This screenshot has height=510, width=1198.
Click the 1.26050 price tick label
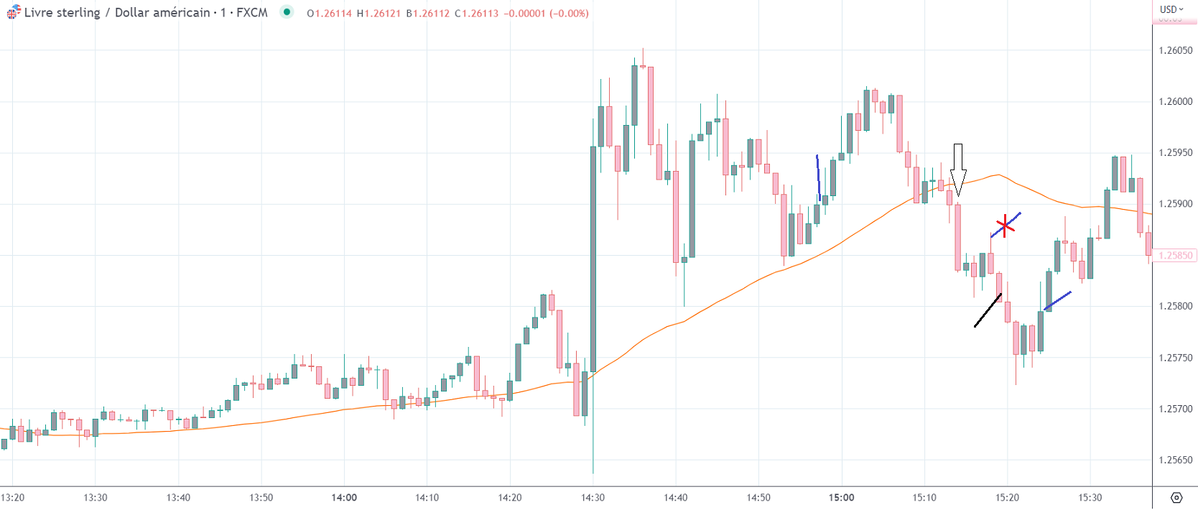1175,50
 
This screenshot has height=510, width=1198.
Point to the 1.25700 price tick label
1175,409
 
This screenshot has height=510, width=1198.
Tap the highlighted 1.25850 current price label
1175,256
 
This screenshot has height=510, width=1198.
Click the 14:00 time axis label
344,497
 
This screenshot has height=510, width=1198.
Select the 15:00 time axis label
841,497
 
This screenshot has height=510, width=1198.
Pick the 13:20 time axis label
13,497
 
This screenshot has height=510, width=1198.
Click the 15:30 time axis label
1090,497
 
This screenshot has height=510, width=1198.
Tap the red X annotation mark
1005,226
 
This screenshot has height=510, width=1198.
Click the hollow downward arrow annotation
957,169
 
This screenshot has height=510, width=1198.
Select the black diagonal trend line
988,310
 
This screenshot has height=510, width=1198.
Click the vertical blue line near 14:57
818,178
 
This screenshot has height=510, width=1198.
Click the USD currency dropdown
1171,9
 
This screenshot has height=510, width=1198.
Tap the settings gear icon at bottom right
1176,497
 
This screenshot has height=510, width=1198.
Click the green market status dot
287,11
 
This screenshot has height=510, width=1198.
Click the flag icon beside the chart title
14,12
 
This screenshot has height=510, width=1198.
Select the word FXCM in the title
252,12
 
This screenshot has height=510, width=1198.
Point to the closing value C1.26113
476,13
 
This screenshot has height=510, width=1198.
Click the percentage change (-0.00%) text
569,13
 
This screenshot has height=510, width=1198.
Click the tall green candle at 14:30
593,259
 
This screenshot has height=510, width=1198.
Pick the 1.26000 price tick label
1175,101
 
